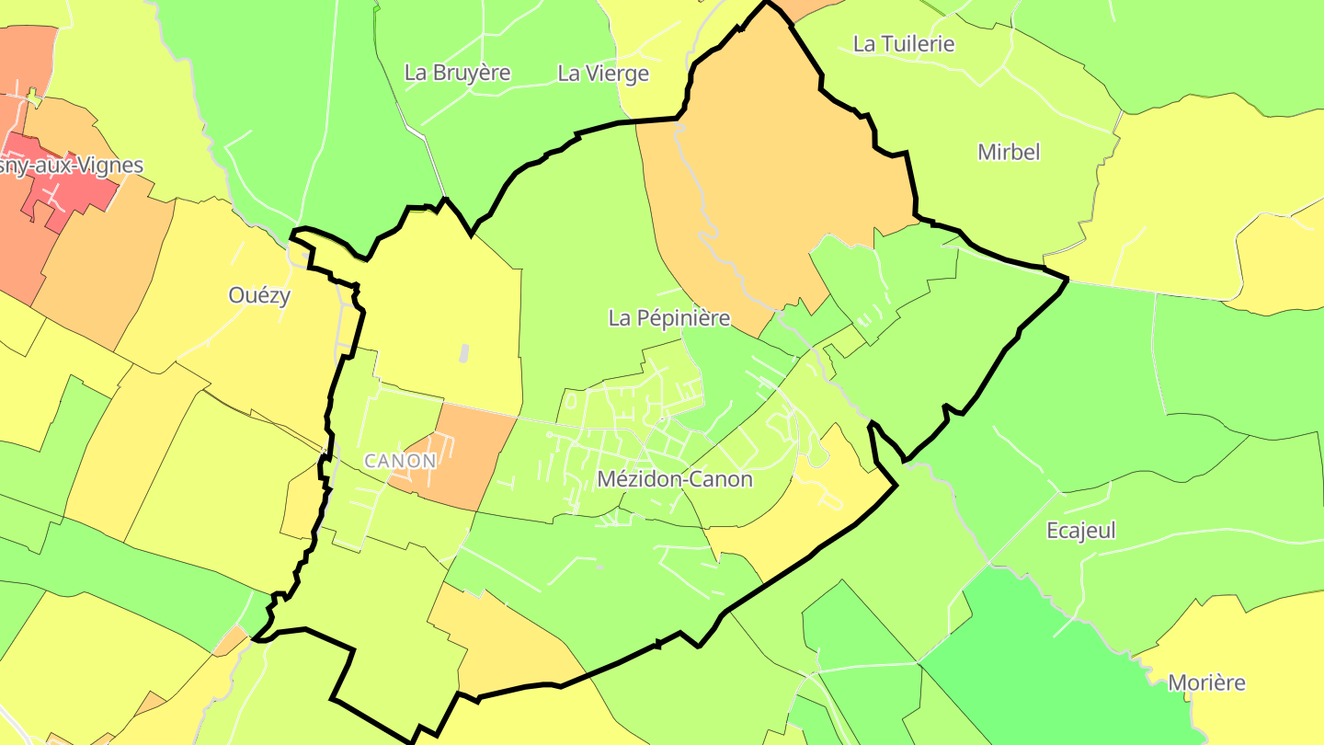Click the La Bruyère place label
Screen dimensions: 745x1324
pyautogui.click(x=457, y=73)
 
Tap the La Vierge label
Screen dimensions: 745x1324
pyautogui.click(x=603, y=74)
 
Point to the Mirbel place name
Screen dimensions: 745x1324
pyautogui.click(x=1009, y=152)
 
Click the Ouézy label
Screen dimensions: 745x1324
pyautogui.click(x=259, y=295)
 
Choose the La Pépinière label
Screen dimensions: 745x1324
pyautogui.click(x=668, y=318)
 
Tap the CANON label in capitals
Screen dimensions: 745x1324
pyautogui.click(x=400, y=460)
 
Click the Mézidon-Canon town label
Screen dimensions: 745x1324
pyautogui.click(x=674, y=479)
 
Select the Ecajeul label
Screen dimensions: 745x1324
pyautogui.click(x=1081, y=531)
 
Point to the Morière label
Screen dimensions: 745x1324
pyautogui.click(x=1206, y=682)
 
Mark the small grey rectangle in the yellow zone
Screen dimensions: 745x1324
pyautogui.click(x=463, y=351)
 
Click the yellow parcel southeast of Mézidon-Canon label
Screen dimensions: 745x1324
pyautogui.click(x=809, y=515)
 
